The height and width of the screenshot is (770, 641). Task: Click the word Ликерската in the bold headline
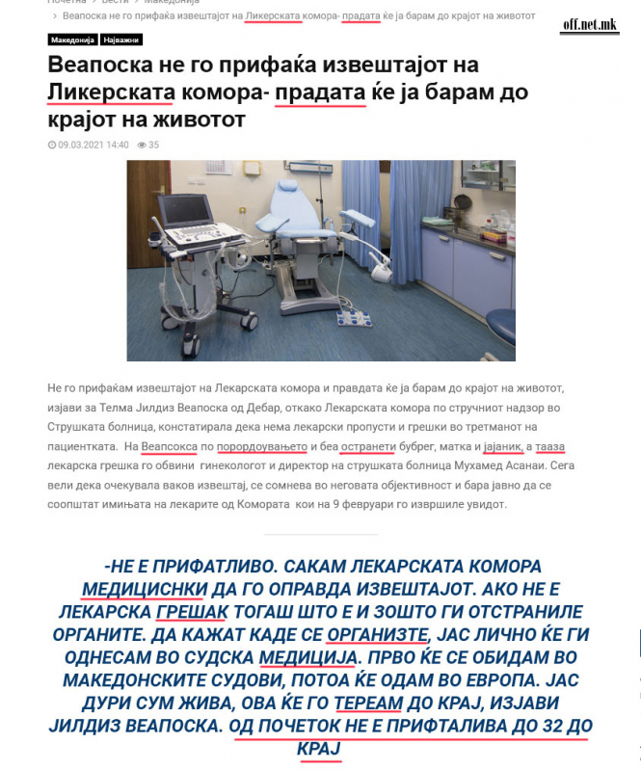111,93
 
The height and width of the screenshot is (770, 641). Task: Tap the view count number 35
153,145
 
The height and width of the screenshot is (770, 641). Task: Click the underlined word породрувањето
262,447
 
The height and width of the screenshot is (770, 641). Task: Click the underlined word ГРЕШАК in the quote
185,613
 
